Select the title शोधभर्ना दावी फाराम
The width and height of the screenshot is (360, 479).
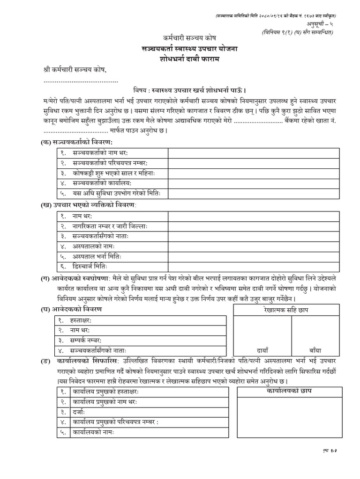[180, 59]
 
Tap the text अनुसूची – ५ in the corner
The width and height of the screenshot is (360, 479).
[330, 24]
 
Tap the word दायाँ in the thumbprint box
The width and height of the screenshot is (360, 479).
[262, 348]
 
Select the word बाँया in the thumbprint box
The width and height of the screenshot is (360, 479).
[316, 348]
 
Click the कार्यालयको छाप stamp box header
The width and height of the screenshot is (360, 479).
[289, 391]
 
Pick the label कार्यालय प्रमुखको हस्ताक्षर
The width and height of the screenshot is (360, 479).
[111, 392]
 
